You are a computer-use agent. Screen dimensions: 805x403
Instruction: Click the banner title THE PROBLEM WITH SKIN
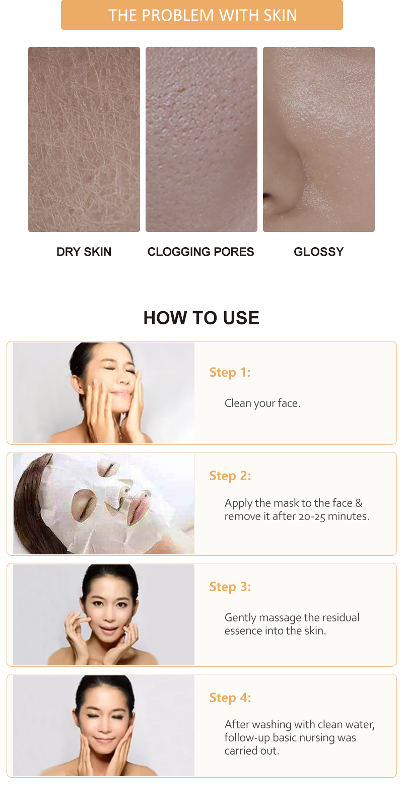point(202,15)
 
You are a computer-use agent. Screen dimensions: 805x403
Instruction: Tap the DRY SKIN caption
point(84,252)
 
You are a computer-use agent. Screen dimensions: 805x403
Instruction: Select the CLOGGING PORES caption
point(200,252)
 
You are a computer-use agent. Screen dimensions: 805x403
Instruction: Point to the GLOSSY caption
point(318,252)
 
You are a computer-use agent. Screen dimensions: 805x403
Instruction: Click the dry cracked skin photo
point(84,140)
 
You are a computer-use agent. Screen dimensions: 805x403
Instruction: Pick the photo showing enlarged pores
point(201,140)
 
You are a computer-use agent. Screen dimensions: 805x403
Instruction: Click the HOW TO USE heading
point(201,318)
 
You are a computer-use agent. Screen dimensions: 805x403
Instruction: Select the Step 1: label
point(230,372)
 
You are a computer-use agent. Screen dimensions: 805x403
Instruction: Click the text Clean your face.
point(262,403)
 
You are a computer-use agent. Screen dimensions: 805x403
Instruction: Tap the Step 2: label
point(230,476)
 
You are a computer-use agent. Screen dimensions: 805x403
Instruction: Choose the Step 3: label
point(230,587)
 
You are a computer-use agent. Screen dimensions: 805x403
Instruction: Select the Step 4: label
point(230,698)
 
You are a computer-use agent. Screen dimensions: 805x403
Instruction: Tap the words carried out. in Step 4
point(251,751)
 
